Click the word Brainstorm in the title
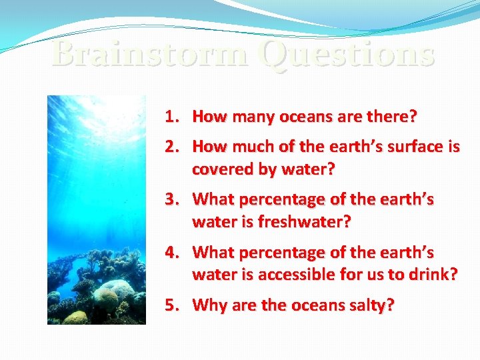151,53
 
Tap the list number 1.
173,117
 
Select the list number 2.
173,147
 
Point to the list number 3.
173,199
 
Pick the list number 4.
173,253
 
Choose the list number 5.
173,305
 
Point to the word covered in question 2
219,169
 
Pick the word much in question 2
247,147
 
